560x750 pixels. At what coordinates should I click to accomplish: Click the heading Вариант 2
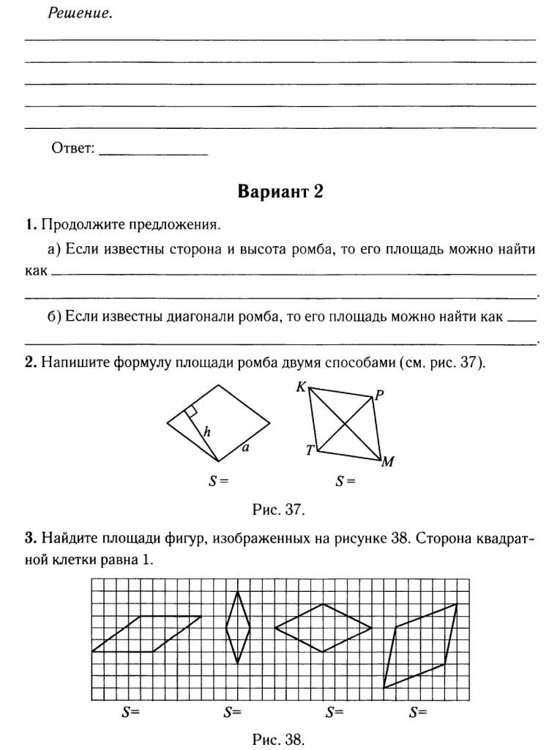coord(280,192)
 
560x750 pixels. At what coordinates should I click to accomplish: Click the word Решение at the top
coord(81,13)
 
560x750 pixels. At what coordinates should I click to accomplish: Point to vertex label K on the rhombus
coord(300,387)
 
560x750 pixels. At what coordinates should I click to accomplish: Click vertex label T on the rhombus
coord(310,450)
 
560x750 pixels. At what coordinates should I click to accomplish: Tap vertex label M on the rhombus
coord(388,461)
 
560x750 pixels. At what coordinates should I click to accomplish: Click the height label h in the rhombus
coord(207,433)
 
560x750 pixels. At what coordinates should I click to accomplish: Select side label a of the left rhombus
coord(245,448)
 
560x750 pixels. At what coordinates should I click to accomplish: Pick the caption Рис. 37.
coord(278,509)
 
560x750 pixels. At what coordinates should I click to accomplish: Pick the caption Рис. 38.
coord(278,739)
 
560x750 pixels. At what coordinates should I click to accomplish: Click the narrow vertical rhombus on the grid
coord(238,628)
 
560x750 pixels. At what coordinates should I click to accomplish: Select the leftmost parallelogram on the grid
coord(146,634)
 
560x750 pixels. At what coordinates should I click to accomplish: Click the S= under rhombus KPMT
coord(346,481)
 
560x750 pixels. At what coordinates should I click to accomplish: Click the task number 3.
coord(30,538)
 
